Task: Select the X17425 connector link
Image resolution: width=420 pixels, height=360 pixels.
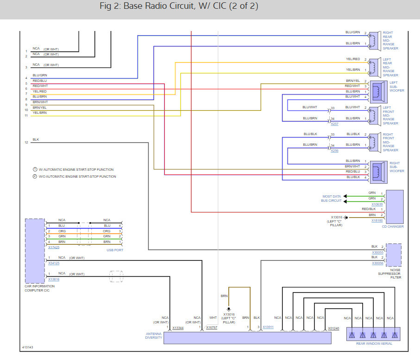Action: [54, 247]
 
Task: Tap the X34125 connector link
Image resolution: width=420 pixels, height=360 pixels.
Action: [54, 263]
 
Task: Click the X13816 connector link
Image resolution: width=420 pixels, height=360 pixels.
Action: [54, 279]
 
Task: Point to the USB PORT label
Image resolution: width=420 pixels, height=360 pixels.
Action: [115, 250]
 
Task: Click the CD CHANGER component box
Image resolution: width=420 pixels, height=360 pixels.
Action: [395, 207]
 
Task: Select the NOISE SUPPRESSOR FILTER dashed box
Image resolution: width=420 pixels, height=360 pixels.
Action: [394, 255]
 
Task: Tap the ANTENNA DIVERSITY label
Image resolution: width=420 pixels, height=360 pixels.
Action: [153, 335]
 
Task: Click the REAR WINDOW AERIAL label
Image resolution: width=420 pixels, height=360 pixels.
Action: [374, 343]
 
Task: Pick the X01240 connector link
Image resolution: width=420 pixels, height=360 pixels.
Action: [333, 328]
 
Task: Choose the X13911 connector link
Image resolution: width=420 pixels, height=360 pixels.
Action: [268, 327]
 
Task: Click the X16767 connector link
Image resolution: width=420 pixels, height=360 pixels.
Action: [212, 327]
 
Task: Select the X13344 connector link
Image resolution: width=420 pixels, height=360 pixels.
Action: [178, 328]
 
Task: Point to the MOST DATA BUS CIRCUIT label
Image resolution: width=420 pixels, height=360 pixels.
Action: [332, 199]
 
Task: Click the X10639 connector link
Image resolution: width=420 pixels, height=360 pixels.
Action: [377, 204]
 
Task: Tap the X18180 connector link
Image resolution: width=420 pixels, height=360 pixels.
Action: [377, 221]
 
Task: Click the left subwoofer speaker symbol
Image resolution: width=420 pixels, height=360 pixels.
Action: [378, 92]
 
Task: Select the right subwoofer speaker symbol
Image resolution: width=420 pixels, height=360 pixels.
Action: [378, 172]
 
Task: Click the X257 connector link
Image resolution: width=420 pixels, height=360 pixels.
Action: [334, 124]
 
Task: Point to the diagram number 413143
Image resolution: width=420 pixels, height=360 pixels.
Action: [27, 347]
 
